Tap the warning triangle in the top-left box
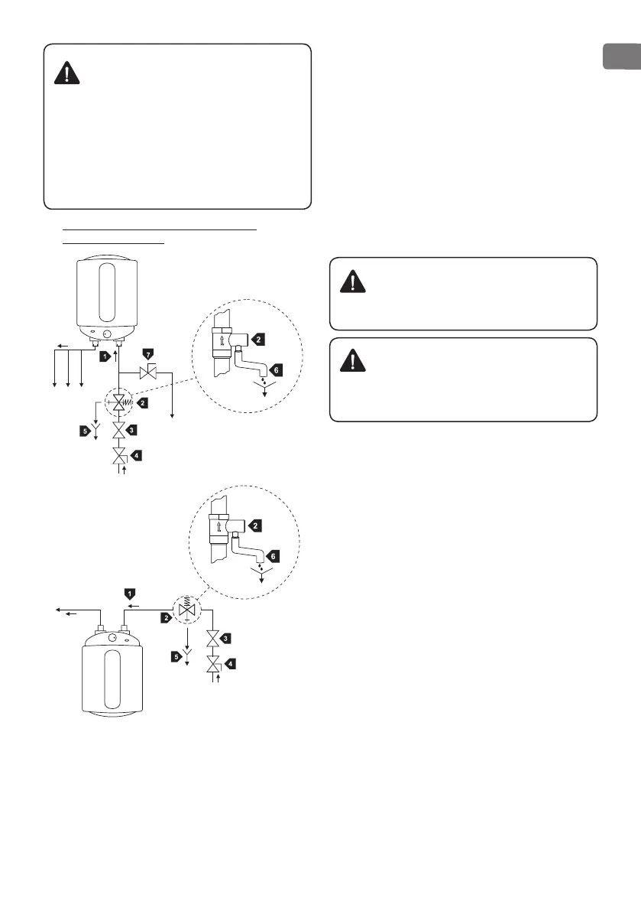(x=69, y=73)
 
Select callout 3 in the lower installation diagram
(x=225, y=637)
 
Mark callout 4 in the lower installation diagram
(x=228, y=664)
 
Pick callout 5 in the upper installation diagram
(x=85, y=431)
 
